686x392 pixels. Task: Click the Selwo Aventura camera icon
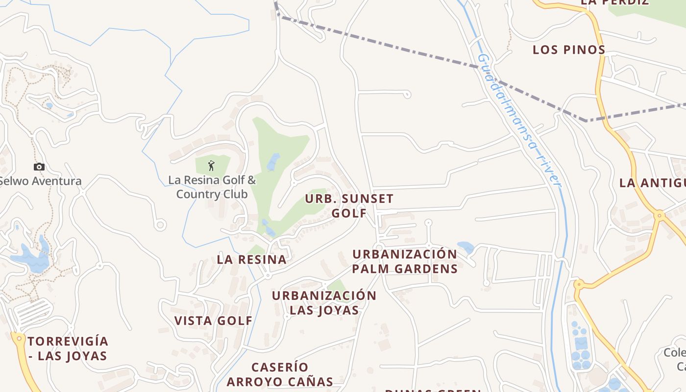[39, 167]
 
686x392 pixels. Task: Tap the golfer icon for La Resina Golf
[211, 166]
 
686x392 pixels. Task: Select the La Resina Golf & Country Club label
[212, 187]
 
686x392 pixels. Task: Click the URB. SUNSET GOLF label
[349, 206]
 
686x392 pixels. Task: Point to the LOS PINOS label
[569, 49]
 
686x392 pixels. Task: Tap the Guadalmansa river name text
[519, 120]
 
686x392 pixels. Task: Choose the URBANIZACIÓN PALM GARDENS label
[405, 261]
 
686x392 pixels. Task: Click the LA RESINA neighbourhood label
[252, 260]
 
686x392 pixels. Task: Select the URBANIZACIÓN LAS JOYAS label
[324, 303]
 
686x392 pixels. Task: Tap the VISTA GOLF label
[214, 321]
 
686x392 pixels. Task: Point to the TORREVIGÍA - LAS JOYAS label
[68, 348]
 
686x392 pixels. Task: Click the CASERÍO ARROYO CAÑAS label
[280, 374]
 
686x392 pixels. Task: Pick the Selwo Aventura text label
[41, 181]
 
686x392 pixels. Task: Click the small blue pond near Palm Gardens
[465, 246]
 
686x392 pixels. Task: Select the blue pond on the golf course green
[273, 161]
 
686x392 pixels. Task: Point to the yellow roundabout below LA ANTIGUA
[660, 214]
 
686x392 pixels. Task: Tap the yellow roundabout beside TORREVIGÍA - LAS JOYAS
[19, 338]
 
